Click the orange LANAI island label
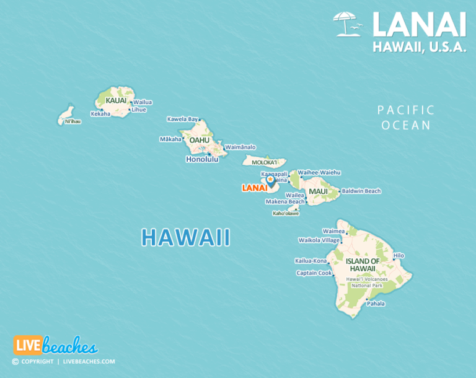(254, 187)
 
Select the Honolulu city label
(202, 159)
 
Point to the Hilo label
(399, 255)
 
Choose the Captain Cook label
(314, 273)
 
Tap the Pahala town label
(376, 304)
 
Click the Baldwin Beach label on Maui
(361, 191)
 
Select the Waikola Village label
(319, 240)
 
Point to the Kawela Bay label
(182, 119)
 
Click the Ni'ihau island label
(73, 121)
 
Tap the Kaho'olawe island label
(286, 214)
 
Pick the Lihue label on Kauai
(139, 110)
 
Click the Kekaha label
(100, 114)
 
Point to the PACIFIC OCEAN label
(406, 117)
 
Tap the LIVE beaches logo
(55, 346)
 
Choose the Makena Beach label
(285, 201)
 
